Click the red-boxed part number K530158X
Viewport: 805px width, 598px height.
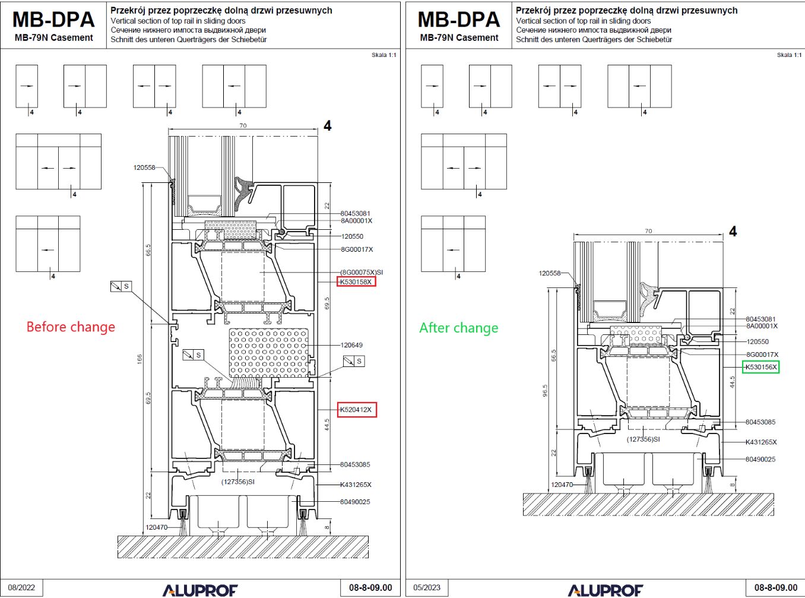(356, 282)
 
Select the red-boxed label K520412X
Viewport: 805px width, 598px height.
(356, 410)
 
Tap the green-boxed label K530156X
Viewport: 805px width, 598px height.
(760, 367)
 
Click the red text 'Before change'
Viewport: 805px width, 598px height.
(71, 327)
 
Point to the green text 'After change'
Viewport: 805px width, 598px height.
(458, 328)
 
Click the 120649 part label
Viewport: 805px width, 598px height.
(351, 345)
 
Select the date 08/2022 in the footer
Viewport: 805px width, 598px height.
(21, 588)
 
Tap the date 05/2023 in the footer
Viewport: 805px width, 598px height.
(427, 588)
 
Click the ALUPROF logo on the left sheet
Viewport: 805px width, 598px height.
(200, 590)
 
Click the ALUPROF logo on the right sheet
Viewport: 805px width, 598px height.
(606, 590)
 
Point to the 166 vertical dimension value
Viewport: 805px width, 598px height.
(140, 359)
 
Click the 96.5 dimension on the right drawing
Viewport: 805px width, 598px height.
(545, 390)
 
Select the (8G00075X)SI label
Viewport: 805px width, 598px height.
(362, 273)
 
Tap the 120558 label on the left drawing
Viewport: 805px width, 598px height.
(144, 167)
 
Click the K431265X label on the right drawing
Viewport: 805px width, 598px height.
(761, 442)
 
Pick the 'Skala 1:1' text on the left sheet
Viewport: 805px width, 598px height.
(384, 55)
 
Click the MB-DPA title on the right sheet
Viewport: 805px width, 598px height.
(459, 20)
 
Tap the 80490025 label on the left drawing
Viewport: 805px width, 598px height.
(355, 502)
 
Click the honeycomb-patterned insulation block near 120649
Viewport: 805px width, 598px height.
(268, 353)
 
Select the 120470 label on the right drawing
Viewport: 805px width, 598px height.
(562, 485)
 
